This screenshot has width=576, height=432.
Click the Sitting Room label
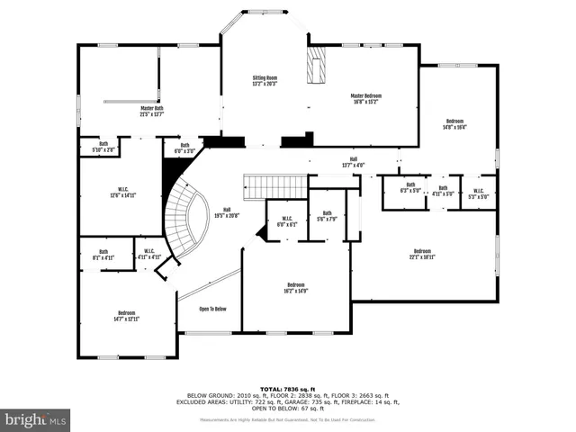pos(265,82)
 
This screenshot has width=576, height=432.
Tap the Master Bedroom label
pos(368,97)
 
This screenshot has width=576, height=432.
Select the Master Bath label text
pos(151,111)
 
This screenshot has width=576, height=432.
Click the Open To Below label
pos(212,309)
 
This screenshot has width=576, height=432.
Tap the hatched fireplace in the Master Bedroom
pos(316,67)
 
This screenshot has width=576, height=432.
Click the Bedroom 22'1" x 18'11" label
pos(422,254)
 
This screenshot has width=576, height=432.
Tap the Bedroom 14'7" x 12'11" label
pos(125,315)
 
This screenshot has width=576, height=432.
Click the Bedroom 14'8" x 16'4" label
pos(454,124)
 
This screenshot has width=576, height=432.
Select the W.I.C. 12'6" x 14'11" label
pos(121,192)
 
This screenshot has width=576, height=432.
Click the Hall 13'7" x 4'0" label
pos(353,162)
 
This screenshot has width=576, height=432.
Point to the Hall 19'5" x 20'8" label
pos(226,212)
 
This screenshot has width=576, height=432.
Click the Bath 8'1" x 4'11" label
pos(103,255)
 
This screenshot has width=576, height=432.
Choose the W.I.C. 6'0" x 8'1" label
pos(286,220)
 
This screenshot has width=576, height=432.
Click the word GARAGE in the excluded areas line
pos(334,401)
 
